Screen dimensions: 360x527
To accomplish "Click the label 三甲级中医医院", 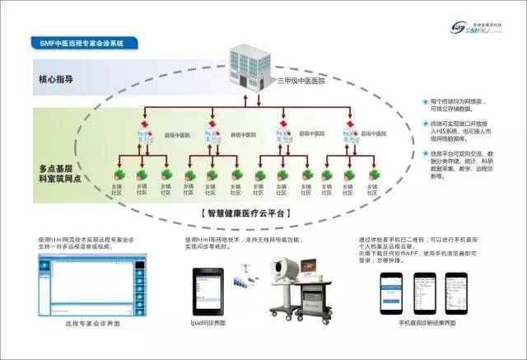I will click(302, 81).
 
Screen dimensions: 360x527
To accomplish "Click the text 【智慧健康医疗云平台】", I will click(246, 212).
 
